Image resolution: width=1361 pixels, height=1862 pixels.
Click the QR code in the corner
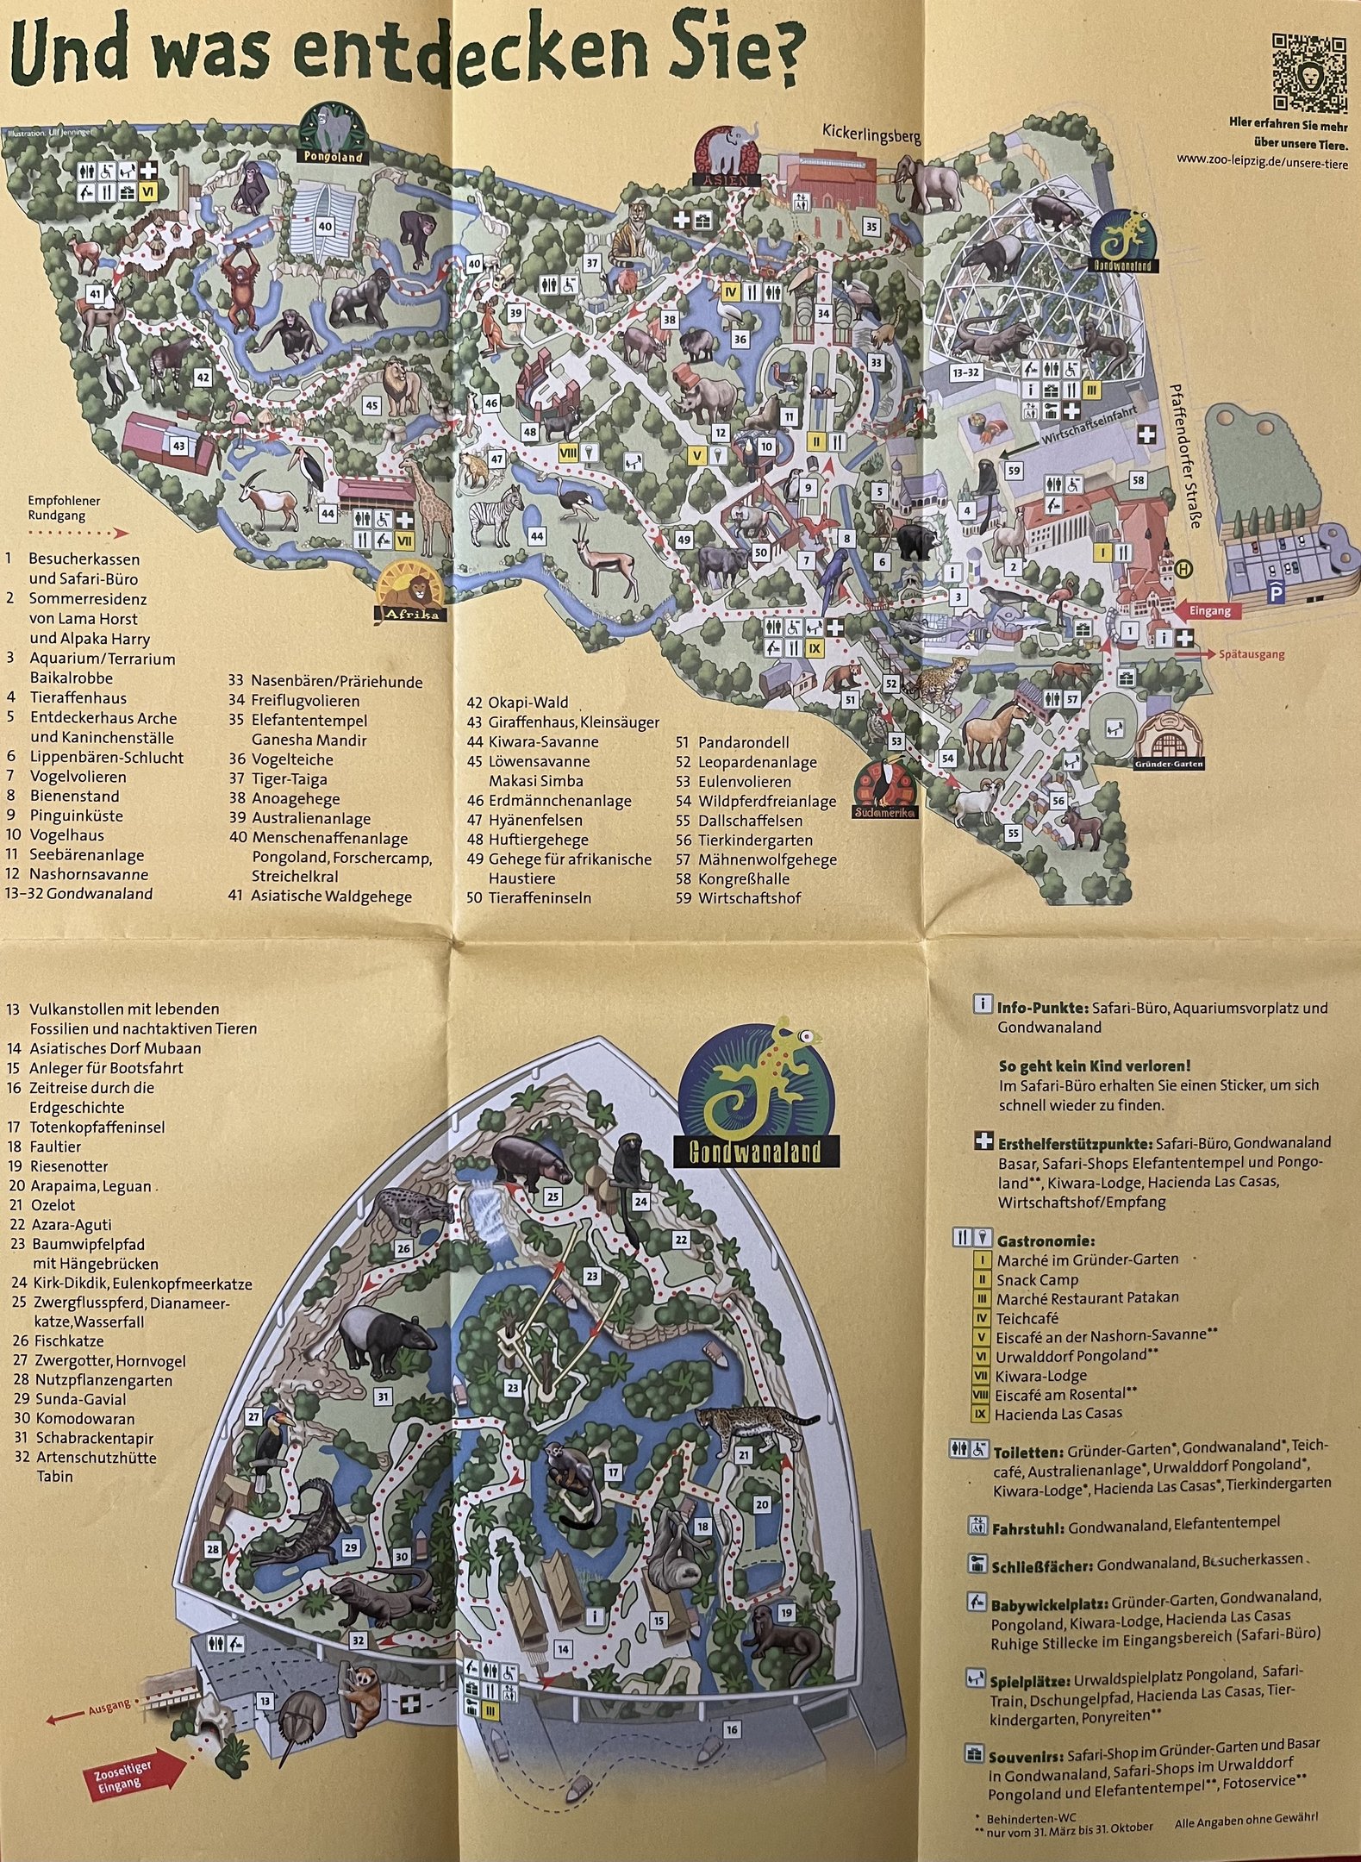tap(1308, 73)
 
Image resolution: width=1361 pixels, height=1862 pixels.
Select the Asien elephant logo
tap(728, 155)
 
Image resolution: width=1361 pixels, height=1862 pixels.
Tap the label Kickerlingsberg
tap(871, 135)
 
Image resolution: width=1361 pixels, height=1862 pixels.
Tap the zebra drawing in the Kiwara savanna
tap(497, 515)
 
